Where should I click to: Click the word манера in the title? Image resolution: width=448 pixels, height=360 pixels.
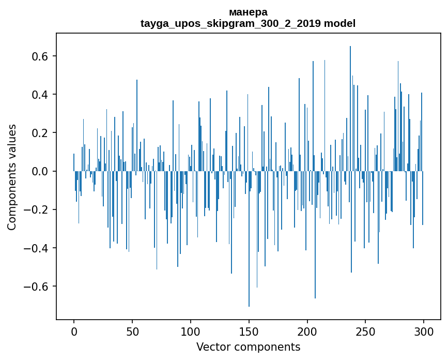pyautogui.click(x=248, y=12)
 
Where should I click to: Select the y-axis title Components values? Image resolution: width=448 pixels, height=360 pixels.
pyautogui.click(x=12, y=177)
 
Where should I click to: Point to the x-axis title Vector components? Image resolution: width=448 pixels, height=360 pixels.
pyautogui.click(x=248, y=347)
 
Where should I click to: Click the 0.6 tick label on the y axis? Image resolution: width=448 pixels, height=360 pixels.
pyautogui.click(x=40, y=56)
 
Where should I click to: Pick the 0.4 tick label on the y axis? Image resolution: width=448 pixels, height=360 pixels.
pyautogui.click(x=40, y=95)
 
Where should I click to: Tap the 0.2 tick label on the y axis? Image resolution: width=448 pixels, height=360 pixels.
pyautogui.click(x=40, y=133)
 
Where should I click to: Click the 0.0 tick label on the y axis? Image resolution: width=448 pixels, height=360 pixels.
pyautogui.click(x=40, y=171)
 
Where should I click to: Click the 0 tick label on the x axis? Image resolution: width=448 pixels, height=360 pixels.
pyautogui.click(x=74, y=331)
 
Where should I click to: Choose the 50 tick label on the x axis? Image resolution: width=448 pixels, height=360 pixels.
pyautogui.click(x=132, y=331)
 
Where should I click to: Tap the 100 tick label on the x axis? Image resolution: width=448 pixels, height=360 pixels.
pyautogui.click(x=191, y=331)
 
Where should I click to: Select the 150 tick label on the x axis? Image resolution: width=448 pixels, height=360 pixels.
pyautogui.click(x=249, y=331)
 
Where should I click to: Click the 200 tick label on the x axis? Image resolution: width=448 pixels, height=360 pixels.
pyautogui.click(x=307, y=331)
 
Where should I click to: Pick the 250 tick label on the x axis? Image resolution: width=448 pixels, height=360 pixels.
pyautogui.click(x=366, y=331)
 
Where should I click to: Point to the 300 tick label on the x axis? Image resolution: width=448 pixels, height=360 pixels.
pyautogui.click(x=424, y=331)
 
